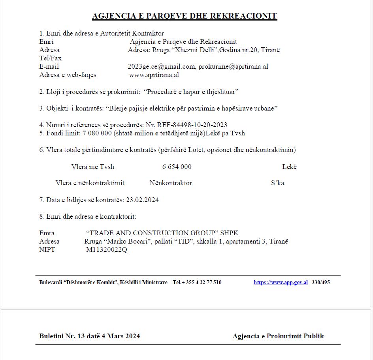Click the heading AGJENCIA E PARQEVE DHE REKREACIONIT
point(184,16)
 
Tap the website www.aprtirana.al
point(154,75)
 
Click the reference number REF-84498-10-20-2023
point(194,125)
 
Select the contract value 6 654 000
point(177,167)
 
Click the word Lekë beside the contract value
point(289,167)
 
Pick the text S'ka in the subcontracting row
point(277,183)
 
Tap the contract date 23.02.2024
point(142,200)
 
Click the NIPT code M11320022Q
point(107,250)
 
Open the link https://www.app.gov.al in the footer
point(281,283)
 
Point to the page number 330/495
point(320,283)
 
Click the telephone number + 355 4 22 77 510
point(201,283)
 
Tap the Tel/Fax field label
point(51,58)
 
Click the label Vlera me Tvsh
point(93,167)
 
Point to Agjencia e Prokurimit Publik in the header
point(278,336)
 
